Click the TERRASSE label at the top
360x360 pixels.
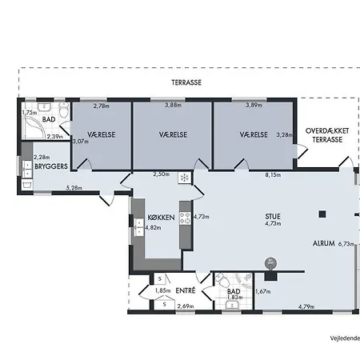tap(186, 82)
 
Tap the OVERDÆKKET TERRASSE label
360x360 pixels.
tap(327, 135)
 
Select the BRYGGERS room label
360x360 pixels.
tap(51, 166)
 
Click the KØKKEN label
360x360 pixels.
tap(162, 218)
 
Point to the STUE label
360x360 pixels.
tap(273, 216)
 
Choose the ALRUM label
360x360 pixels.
tap(324, 243)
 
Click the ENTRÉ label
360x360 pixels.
tap(186, 290)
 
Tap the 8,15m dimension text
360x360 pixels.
tap(273, 175)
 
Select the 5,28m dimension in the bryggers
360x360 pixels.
tap(74, 188)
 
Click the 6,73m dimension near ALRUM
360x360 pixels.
tap(346, 244)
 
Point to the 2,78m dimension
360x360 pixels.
tap(102, 106)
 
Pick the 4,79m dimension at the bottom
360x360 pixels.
tap(306, 306)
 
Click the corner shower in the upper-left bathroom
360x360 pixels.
tap(33, 127)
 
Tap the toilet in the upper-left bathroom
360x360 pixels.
tap(64, 110)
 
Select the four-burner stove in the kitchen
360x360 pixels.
tap(185, 218)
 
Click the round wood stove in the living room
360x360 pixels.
tap(270, 263)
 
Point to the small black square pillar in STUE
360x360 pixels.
tap(322, 214)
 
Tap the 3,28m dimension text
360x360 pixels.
tap(284, 135)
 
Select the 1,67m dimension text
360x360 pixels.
tap(263, 291)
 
